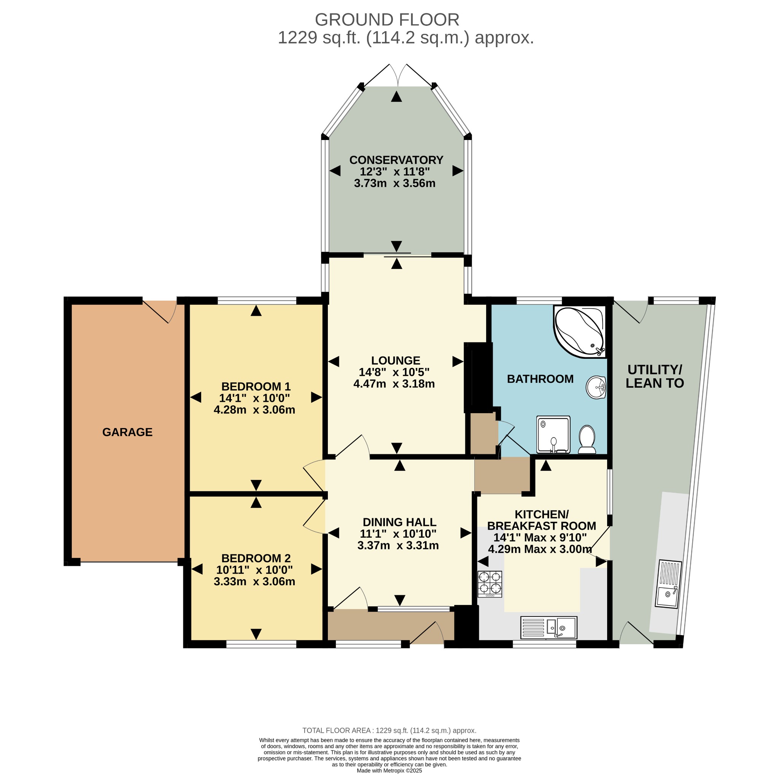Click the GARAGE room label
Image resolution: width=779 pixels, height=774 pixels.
(x=127, y=432)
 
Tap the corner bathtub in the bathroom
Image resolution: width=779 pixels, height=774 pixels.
(x=579, y=332)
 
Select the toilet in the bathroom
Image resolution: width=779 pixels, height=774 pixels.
(x=587, y=440)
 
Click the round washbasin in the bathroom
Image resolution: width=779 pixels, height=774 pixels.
(x=596, y=387)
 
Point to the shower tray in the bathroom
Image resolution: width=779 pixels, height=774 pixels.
(x=553, y=435)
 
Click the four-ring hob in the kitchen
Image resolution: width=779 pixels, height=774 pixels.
(x=490, y=584)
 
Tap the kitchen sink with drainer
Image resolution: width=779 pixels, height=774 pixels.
(x=549, y=627)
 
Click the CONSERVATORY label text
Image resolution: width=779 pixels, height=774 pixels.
(x=396, y=160)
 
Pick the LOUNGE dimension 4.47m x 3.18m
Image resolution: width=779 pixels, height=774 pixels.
(x=394, y=384)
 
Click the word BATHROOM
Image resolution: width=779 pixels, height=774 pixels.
(x=540, y=379)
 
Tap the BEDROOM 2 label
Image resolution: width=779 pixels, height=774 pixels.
(x=256, y=558)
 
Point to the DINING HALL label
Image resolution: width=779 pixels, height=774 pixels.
(x=400, y=522)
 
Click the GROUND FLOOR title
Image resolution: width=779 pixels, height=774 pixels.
(x=387, y=20)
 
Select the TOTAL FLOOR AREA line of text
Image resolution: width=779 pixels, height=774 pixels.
(x=389, y=731)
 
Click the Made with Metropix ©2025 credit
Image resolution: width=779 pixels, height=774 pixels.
(x=389, y=770)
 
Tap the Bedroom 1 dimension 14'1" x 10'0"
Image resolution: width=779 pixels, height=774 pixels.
(x=254, y=398)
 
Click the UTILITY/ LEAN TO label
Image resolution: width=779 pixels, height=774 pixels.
(x=655, y=376)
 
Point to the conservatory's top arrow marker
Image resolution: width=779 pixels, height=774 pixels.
(x=396, y=96)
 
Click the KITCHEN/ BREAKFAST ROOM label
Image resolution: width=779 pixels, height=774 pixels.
(x=542, y=520)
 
